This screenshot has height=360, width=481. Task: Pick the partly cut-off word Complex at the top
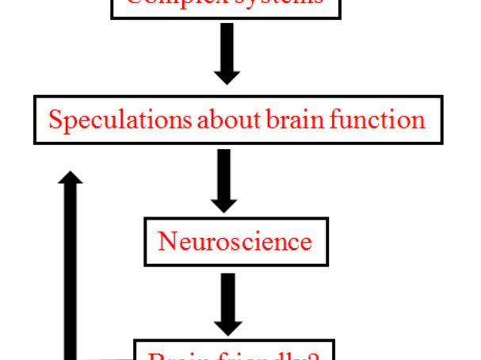[170, 3]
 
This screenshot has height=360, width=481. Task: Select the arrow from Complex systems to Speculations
[227, 52]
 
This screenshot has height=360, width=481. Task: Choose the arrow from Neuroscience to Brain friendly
[227, 303]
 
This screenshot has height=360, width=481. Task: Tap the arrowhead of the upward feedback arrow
[71, 178]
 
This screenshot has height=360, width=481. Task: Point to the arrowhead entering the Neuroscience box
[224, 204]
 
